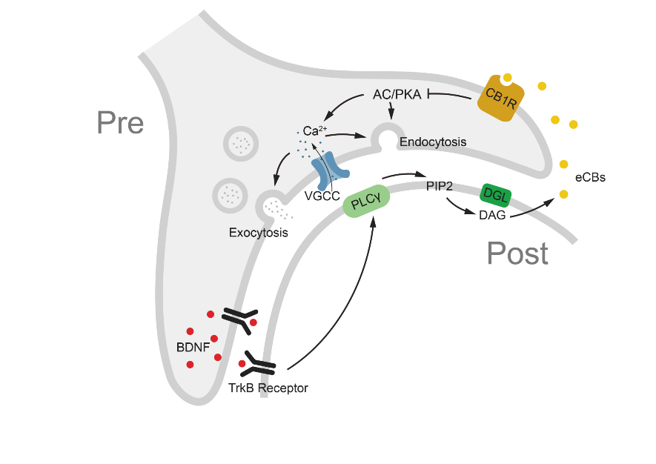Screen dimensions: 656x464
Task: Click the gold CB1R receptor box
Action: (501, 99)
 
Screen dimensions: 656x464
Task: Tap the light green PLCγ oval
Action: (366, 202)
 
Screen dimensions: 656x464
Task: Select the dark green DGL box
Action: (496, 195)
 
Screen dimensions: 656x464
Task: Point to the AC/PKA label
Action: (397, 95)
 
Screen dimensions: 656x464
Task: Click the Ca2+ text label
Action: (314, 130)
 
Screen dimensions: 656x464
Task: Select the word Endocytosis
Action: (433, 142)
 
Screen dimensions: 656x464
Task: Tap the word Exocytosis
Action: (258, 233)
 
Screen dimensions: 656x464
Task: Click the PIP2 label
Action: (440, 186)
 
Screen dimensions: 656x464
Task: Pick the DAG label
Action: (492, 215)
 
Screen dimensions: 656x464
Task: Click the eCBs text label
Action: (590, 177)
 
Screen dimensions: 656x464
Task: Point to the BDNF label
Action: (193, 348)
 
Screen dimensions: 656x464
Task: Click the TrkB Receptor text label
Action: (268, 388)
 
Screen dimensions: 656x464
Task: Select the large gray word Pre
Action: (120, 122)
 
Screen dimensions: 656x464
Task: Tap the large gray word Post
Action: (517, 253)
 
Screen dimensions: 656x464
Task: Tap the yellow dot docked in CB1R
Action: (508, 77)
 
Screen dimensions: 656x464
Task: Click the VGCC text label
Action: (322, 196)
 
